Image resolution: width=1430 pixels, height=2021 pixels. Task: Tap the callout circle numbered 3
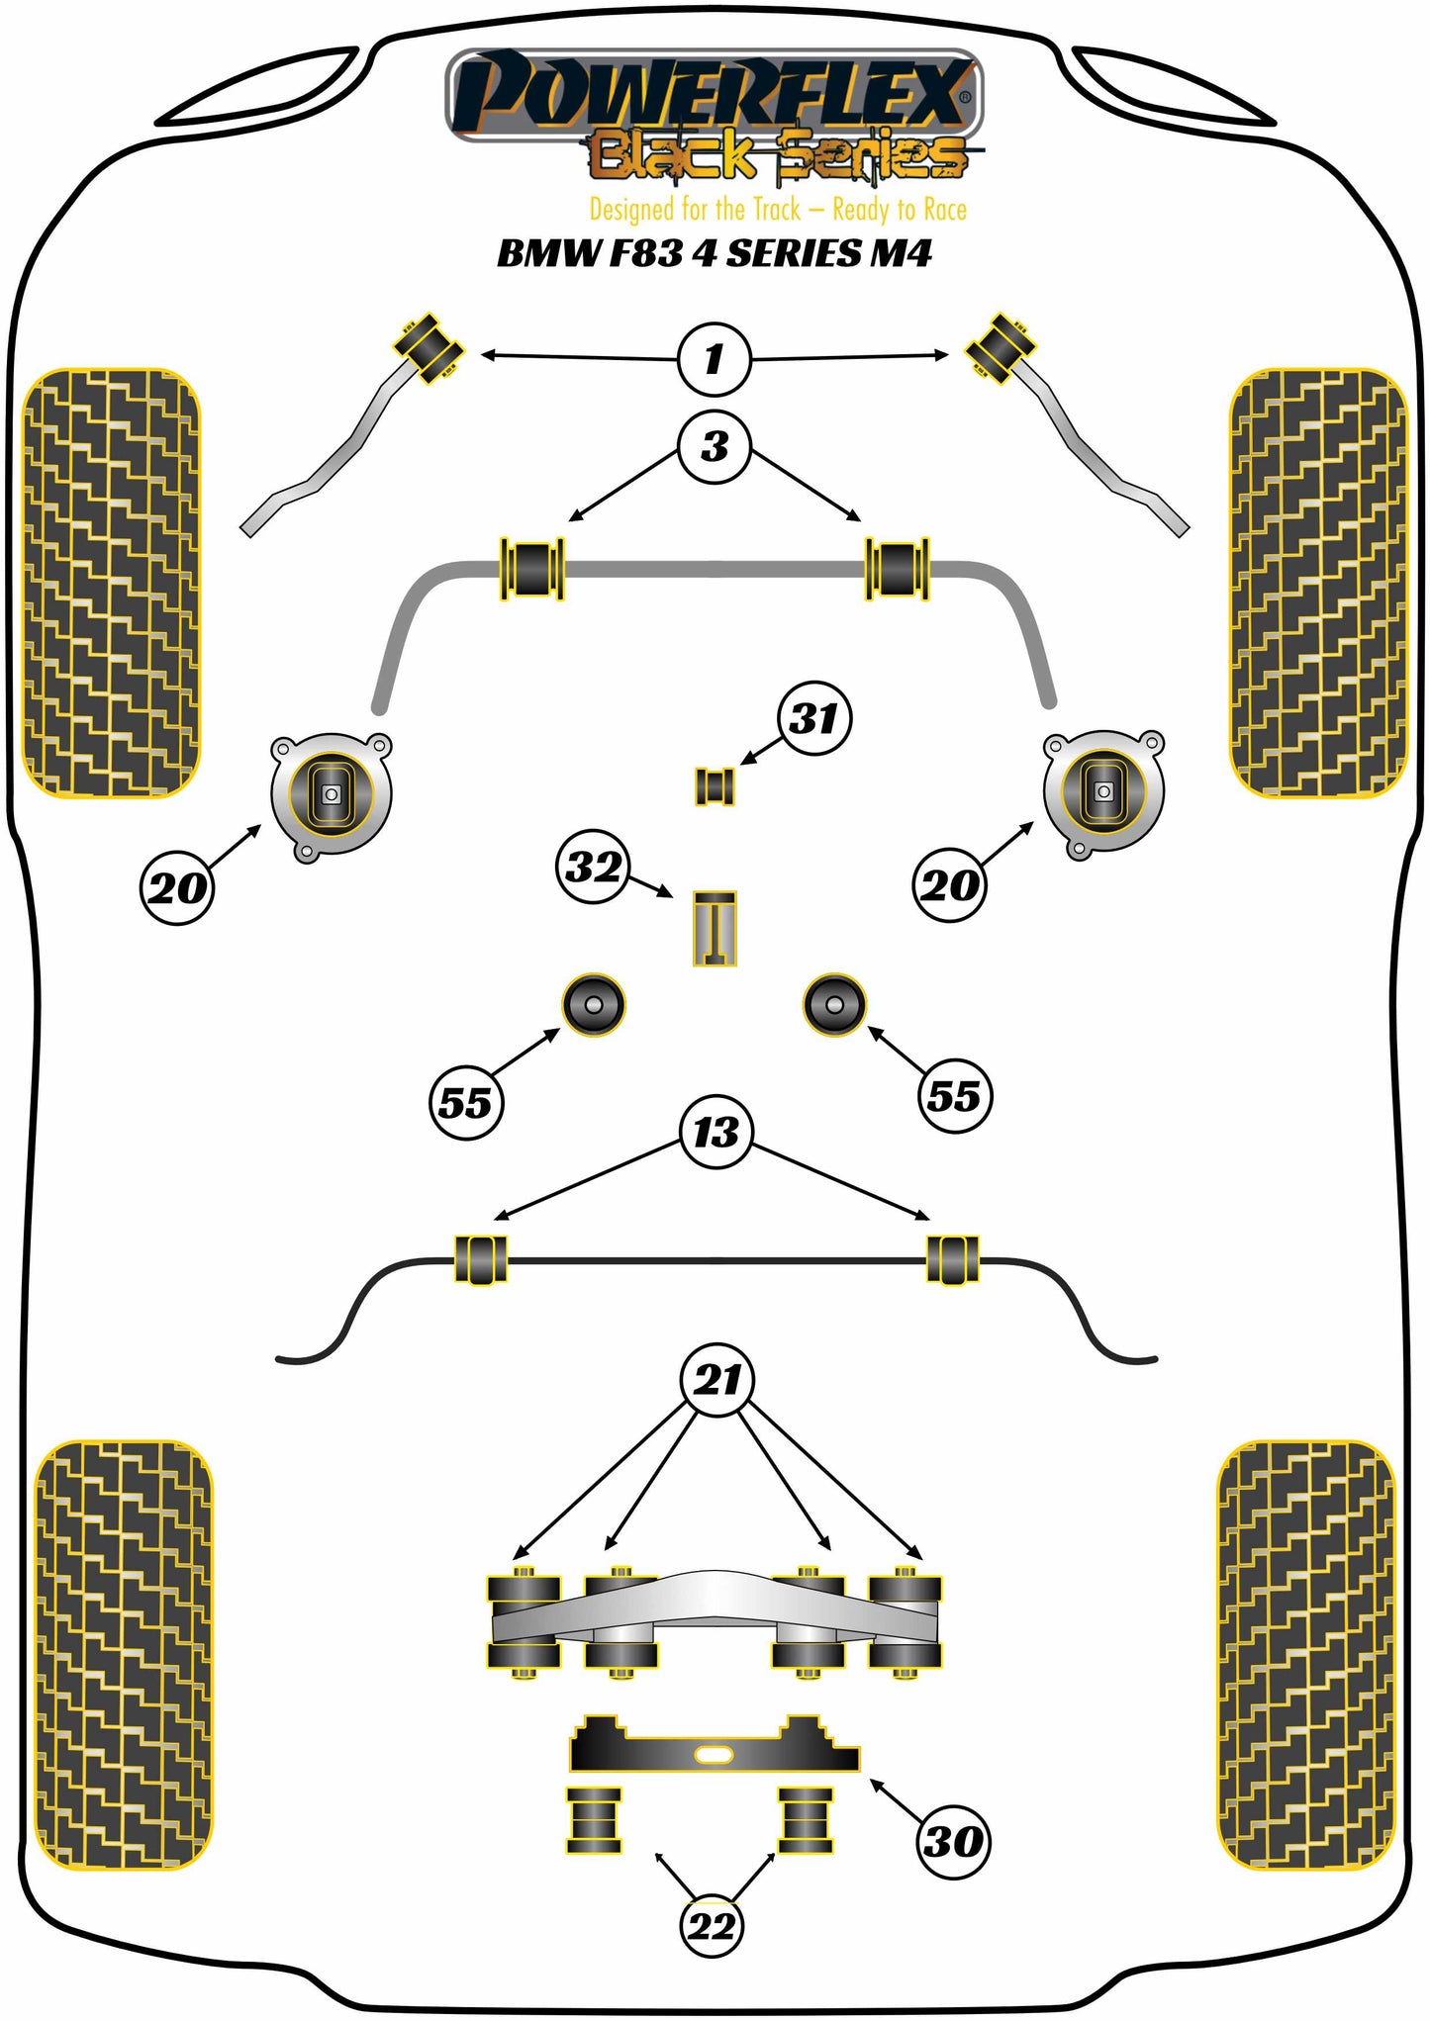tap(714, 446)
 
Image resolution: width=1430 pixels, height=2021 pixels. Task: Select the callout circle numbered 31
tap(813, 718)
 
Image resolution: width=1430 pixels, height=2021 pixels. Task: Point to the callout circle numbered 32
tap(592, 867)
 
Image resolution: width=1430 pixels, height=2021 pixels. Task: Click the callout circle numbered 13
tap(715, 1132)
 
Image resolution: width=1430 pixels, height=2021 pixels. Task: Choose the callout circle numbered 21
tap(716, 1379)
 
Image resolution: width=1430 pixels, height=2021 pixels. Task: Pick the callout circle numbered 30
tap(953, 1841)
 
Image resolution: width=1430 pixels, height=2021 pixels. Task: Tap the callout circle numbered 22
tap(711, 1926)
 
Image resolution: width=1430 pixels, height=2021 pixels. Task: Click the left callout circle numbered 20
tap(176, 887)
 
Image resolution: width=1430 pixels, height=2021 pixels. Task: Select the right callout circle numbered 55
tap(954, 1096)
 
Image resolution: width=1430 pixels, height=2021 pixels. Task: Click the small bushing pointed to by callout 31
tap(714, 786)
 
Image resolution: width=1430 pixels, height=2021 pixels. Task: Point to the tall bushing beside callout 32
tap(714, 928)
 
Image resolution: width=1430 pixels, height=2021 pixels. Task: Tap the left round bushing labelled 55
tap(594, 1005)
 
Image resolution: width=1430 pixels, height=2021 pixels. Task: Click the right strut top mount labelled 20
tap(1102, 791)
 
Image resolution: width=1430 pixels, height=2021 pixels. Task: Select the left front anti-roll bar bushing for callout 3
tap(532, 568)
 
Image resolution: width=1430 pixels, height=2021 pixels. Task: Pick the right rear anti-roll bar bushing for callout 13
tap(952, 1259)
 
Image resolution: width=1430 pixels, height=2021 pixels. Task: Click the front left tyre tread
tap(111, 584)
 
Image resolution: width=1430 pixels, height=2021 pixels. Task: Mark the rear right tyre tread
tap(1304, 1654)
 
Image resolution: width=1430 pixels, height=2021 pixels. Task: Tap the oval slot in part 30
tap(713, 1755)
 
